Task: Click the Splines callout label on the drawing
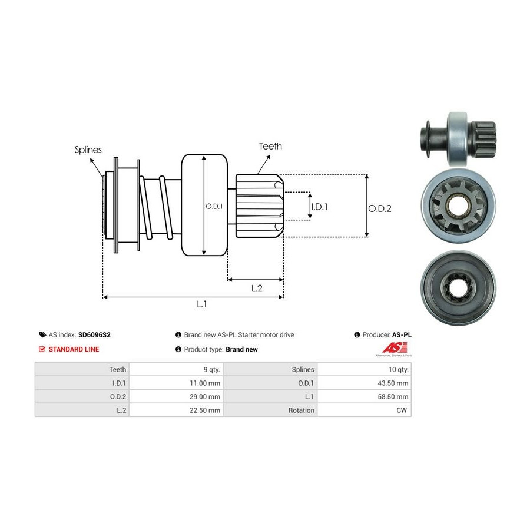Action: tap(88, 150)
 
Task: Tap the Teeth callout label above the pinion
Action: tap(270, 146)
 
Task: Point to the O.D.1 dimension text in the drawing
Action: tap(214, 206)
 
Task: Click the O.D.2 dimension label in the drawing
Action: tap(380, 208)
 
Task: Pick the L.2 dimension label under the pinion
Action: tap(256, 288)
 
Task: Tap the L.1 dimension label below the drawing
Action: tap(201, 304)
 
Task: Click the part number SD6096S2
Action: tap(94, 334)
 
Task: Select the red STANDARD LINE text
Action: tap(74, 349)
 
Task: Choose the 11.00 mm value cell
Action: tap(206, 383)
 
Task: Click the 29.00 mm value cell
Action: tap(206, 397)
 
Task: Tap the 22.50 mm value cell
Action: tap(206, 410)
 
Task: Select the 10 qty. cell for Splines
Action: tap(396, 370)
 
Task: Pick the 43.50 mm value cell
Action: tap(394, 383)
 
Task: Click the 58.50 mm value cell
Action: tap(394, 397)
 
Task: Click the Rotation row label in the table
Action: tap(302, 410)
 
